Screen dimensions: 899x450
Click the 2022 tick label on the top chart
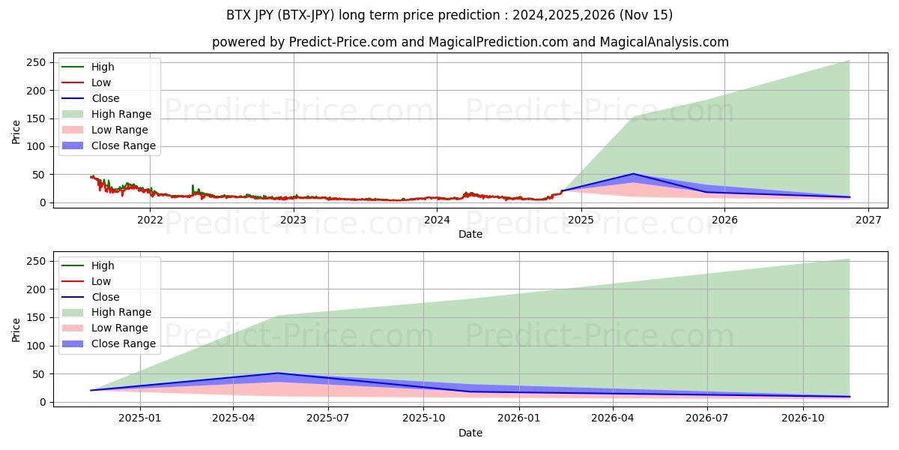point(150,220)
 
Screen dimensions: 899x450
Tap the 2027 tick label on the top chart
point(868,220)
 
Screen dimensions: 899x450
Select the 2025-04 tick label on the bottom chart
point(234,418)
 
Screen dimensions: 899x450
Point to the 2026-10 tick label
point(803,418)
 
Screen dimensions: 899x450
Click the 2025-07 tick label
point(328,418)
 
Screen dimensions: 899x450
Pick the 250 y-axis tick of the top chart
point(36,63)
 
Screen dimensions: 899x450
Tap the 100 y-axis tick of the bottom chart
point(36,346)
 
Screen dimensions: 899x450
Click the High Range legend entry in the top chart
point(106,114)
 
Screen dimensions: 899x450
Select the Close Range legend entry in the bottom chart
point(109,344)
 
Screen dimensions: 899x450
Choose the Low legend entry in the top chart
point(86,82)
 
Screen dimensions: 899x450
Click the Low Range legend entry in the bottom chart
point(105,328)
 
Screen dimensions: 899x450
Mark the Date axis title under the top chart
point(470,234)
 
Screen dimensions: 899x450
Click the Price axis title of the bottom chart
point(16,330)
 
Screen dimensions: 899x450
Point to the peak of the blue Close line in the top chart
point(633,174)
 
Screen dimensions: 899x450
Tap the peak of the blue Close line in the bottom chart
point(278,373)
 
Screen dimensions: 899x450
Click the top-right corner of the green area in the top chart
point(850,61)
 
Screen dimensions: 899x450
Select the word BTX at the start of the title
point(238,15)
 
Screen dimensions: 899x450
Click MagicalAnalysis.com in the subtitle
point(665,42)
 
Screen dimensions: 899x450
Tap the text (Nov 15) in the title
point(646,15)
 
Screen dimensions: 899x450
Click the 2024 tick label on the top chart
point(437,220)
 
